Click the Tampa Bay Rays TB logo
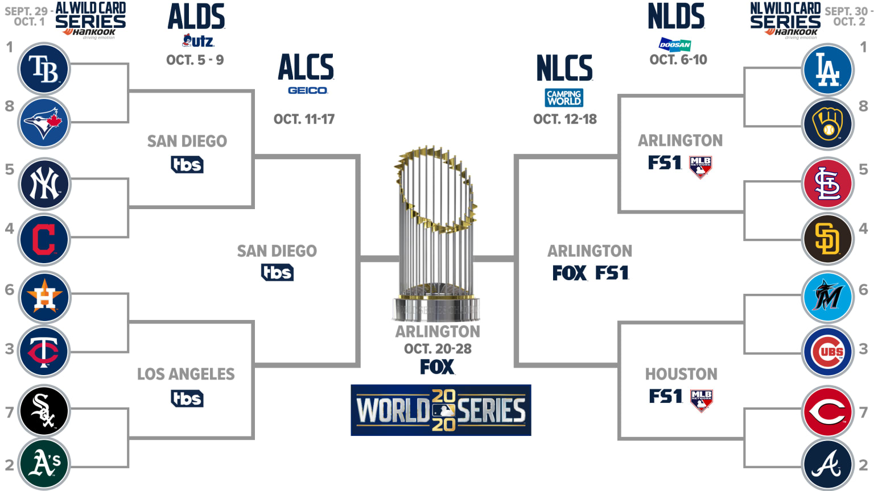click(44, 69)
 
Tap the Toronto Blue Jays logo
click(44, 123)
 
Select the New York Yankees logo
click(44, 184)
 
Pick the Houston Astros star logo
click(44, 297)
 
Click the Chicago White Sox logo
click(44, 410)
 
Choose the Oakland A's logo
click(44, 464)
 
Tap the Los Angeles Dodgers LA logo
click(828, 69)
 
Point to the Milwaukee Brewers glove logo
click(828, 124)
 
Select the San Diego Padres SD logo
click(828, 239)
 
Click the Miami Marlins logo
click(828, 297)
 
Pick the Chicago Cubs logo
click(828, 352)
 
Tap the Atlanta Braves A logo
click(828, 464)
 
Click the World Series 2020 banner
click(441, 410)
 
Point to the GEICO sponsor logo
click(308, 90)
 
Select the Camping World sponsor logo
click(564, 97)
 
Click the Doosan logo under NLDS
click(675, 44)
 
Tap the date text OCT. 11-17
click(304, 119)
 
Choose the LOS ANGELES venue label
click(185, 374)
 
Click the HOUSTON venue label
click(681, 374)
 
